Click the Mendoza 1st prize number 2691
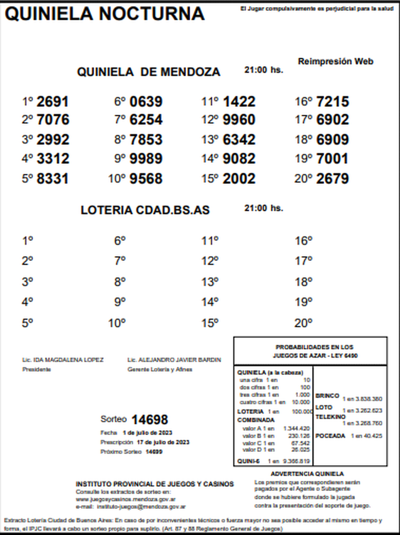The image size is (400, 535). pyautogui.click(x=52, y=102)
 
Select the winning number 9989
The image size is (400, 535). pyautogui.click(x=146, y=159)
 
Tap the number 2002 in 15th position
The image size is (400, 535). pyautogui.click(x=239, y=179)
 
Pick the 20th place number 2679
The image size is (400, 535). pyautogui.click(x=332, y=179)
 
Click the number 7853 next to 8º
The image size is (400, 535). pyautogui.click(x=146, y=139)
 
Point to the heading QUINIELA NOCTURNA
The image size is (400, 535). pyautogui.click(x=104, y=14)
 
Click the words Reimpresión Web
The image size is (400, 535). pyautogui.click(x=335, y=61)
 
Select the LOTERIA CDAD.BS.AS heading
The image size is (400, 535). pyautogui.click(x=145, y=210)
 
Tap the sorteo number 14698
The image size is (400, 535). pyautogui.click(x=149, y=419)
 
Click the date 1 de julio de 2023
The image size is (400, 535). pyautogui.click(x=147, y=433)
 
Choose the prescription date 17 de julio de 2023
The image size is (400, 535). pyautogui.click(x=163, y=442)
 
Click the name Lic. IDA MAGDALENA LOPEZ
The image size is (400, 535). pyautogui.click(x=63, y=360)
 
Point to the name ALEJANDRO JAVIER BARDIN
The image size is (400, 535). pyautogui.click(x=179, y=360)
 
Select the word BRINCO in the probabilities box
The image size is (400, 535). pyautogui.click(x=327, y=396)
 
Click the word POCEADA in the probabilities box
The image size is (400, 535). pyautogui.click(x=330, y=436)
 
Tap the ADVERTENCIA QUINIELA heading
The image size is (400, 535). pyautogui.click(x=307, y=474)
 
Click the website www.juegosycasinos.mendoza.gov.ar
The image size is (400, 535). pyautogui.click(x=126, y=499)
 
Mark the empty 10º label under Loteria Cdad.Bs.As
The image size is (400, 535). pyautogui.click(x=117, y=323)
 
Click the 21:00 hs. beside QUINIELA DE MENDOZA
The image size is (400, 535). pyautogui.click(x=263, y=70)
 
